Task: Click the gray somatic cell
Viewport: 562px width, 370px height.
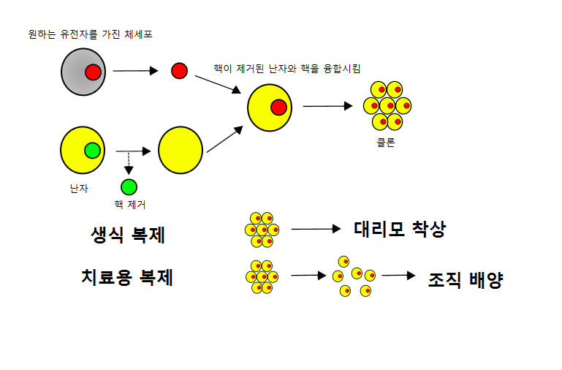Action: tap(76, 72)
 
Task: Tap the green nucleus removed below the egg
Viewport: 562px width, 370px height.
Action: tap(129, 186)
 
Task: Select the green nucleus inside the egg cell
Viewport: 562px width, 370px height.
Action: tap(92, 151)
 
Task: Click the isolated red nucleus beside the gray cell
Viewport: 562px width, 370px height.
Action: tap(179, 71)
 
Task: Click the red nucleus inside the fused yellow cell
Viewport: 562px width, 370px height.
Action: tap(278, 108)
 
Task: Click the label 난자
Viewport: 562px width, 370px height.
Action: tap(79, 189)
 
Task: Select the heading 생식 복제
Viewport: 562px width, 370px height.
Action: tap(128, 235)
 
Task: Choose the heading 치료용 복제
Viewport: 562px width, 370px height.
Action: tap(127, 278)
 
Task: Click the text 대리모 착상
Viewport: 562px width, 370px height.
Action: tap(399, 230)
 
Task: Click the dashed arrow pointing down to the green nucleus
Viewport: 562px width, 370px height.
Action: tap(129, 162)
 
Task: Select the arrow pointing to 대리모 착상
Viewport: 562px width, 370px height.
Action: tap(316, 229)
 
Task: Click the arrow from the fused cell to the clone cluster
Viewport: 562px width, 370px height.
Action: tap(327, 106)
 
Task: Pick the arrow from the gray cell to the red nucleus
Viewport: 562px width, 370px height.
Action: tap(136, 71)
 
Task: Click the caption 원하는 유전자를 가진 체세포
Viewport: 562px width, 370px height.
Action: tap(90, 34)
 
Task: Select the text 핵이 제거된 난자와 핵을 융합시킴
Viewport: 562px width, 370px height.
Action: tap(286, 68)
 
